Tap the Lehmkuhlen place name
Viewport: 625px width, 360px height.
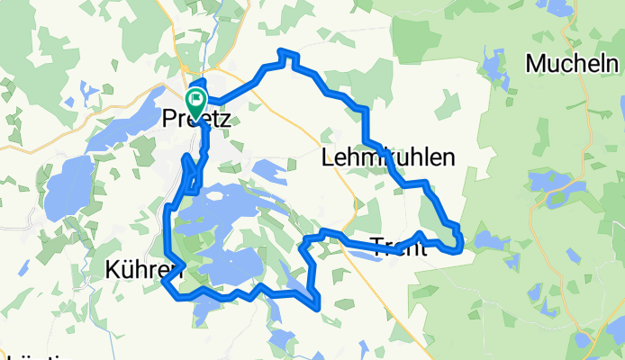point(387,158)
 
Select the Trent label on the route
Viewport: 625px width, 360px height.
point(397,247)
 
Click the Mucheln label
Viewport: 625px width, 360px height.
point(572,65)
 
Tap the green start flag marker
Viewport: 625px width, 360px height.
point(195,98)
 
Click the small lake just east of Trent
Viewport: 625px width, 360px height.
point(492,240)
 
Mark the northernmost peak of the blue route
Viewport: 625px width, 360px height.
point(286,52)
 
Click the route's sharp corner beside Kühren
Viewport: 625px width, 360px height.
point(164,283)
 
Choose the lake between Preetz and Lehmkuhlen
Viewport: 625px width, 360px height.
point(270,170)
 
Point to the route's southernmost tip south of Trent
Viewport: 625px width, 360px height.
point(316,307)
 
